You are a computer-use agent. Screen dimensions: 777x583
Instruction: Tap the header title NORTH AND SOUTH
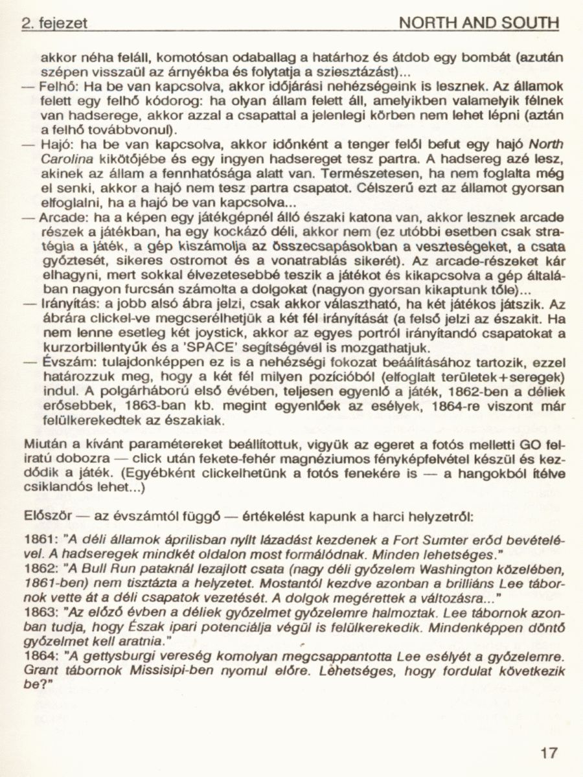(x=479, y=24)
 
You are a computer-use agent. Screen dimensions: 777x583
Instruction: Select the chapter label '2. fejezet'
(x=54, y=25)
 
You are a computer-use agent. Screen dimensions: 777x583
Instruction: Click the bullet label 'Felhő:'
(x=60, y=85)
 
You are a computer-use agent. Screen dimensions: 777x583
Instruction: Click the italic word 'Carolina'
(x=62, y=159)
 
